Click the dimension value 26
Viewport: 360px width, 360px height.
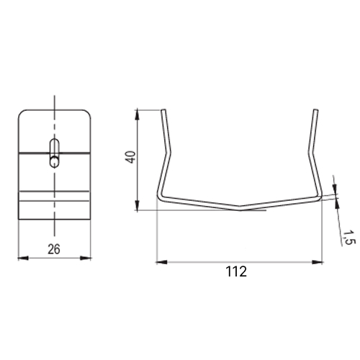[54, 249]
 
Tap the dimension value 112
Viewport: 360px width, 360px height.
[236, 271]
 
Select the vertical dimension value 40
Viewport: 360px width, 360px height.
[131, 157]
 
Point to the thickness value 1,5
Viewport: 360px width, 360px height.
[348, 238]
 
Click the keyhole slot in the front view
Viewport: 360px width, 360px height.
[55, 153]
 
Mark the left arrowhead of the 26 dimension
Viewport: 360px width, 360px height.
[23, 258]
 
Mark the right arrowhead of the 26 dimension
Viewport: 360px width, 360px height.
[86, 258]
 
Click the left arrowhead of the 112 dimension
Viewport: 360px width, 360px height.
[161, 262]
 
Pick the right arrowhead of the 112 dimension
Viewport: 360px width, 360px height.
[317, 262]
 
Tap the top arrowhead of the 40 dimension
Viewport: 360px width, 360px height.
[137, 114]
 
